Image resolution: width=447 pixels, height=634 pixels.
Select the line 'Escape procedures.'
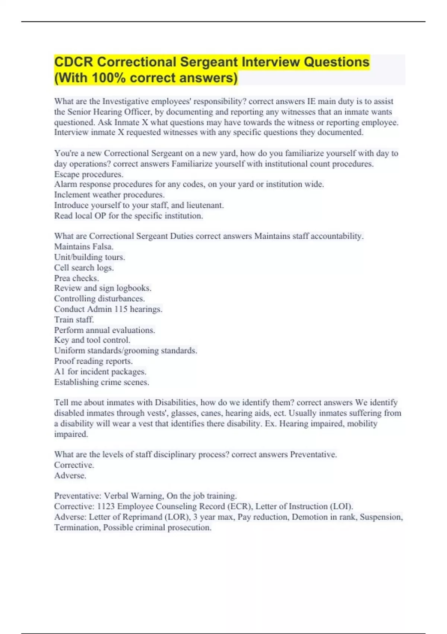tap(89, 174)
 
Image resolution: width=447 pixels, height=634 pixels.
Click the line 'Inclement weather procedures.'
tap(109, 195)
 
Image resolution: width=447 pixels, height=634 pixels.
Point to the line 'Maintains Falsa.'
tap(84, 247)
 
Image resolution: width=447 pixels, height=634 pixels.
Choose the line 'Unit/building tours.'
tap(89, 257)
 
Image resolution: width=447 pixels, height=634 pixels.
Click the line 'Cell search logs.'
tap(84, 267)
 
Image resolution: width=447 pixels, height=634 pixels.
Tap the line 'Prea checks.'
tap(76, 278)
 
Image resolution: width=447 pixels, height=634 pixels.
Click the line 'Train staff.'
tap(74, 320)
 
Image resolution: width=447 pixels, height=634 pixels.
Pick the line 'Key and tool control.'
tap(92, 340)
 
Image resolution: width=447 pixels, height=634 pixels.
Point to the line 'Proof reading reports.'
tap(93, 361)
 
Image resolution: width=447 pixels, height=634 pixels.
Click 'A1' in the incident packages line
tap(60, 371)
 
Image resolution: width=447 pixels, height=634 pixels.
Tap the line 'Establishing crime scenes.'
tap(101, 382)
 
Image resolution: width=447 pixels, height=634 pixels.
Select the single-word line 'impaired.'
tap(71, 434)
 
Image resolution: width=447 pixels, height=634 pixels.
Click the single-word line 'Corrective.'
tap(74, 465)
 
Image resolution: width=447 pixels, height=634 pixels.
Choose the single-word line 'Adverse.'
tap(70, 475)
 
